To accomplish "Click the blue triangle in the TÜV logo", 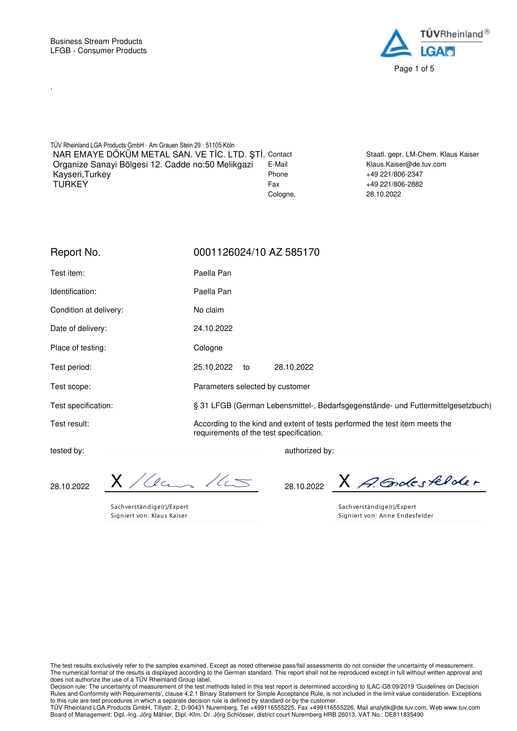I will [396, 45].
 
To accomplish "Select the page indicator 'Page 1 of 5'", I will [414, 69].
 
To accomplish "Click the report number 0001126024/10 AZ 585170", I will [256, 252].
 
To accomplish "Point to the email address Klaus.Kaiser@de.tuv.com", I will [406, 164].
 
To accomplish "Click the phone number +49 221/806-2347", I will [394, 174].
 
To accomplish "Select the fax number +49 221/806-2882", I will [394, 184].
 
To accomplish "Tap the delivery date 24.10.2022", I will [213, 328].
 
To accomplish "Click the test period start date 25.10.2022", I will [213, 367].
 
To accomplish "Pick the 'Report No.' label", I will [75, 252].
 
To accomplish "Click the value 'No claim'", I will [208, 310].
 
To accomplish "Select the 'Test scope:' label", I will [70, 387].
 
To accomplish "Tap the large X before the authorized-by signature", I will [344, 481].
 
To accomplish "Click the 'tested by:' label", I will [67, 451].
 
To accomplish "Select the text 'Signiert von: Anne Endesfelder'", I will [385, 515].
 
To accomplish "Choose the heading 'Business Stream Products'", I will [96, 41].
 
